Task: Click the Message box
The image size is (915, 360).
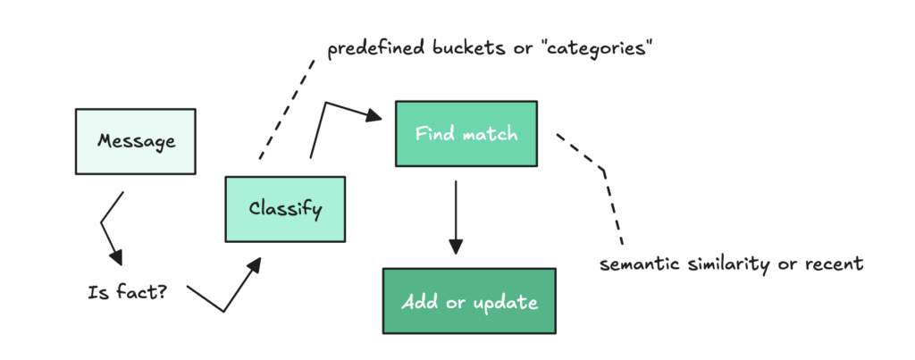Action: pyautogui.click(x=136, y=141)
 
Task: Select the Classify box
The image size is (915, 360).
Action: pyautogui.click(x=285, y=209)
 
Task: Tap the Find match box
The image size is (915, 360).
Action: pyautogui.click(x=466, y=134)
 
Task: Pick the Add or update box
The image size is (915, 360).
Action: pyautogui.click(x=469, y=301)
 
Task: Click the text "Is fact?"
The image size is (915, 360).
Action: pyautogui.click(x=127, y=292)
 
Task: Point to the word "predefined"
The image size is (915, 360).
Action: pyautogui.click(x=376, y=49)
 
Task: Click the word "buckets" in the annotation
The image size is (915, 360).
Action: pyautogui.click(x=468, y=48)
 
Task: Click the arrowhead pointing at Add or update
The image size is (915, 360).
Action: pyautogui.click(x=456, y=247)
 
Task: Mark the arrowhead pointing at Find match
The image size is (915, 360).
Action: pyautogui.click(x=374, y=115)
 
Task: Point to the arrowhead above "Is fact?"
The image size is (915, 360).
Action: pyautogui.click(x=117, y=256)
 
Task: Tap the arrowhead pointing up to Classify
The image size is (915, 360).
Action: pyautogui.click(x=255, y=264)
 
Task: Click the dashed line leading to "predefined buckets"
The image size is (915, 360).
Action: pyautogui.click(x=287, y=109)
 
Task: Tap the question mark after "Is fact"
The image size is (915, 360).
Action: pyautogui.click(x=161, y=291)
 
